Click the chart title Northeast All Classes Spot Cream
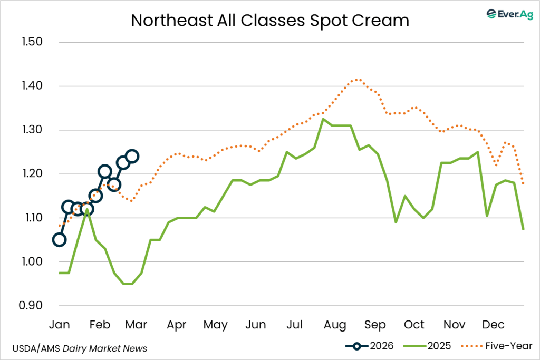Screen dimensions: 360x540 pyautogui.click(x=270, y=20)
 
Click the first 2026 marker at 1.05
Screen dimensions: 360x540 pyautogui.click(x=60, y=240)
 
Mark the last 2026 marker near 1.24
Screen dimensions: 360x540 pyautogui.click(x=132, y=156)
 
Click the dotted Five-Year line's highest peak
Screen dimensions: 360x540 pyautogui.click(x=359, y=80)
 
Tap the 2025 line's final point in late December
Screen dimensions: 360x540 pyautogui.click(x=523, y=229)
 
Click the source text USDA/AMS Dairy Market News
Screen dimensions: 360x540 pyautogui.click(x=80, y=348)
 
